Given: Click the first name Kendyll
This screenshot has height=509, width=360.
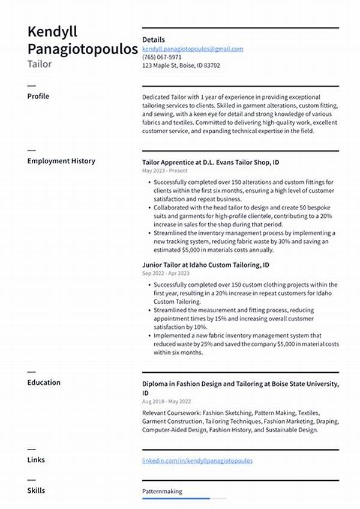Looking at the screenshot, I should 52,32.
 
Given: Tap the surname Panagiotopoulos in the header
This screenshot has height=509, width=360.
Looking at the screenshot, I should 82,49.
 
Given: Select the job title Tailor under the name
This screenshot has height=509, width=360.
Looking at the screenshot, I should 39,64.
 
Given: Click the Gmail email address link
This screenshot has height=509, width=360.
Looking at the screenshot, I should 193,49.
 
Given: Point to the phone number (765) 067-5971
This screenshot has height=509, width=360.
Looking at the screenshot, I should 162,57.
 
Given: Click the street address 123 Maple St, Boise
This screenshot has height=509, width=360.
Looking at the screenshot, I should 181,65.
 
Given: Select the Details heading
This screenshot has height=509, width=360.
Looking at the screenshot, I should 153,40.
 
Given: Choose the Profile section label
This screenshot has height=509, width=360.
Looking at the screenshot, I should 38,96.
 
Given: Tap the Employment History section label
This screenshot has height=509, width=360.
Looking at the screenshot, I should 61,161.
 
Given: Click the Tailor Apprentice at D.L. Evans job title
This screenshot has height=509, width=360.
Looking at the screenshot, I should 211,162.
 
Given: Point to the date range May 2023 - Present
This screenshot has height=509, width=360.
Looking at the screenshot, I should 164,171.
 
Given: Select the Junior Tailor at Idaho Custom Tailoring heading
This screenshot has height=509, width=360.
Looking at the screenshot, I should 205,264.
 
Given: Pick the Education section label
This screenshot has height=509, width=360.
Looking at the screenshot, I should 44,382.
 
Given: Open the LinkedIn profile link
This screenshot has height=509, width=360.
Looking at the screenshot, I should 197,460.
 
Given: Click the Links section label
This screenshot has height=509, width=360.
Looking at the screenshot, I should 36,460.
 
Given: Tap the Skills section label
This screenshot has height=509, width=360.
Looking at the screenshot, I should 36,490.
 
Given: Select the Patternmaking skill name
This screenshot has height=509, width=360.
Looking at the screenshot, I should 162,491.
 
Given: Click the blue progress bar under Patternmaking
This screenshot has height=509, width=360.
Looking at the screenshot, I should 176,498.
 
